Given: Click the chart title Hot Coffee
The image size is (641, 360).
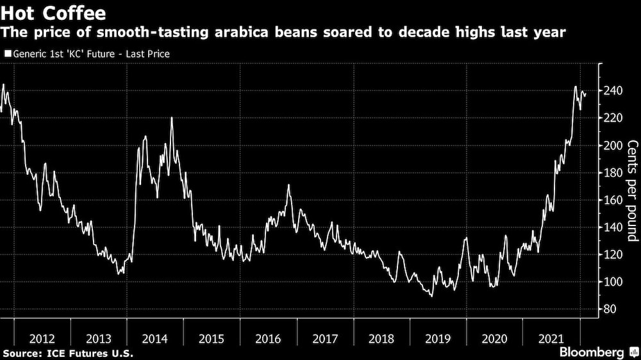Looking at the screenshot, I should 54,13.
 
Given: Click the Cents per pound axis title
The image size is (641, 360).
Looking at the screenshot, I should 632,190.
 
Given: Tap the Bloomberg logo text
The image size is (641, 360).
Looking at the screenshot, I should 592,352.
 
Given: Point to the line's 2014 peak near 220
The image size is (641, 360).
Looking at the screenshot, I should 172,118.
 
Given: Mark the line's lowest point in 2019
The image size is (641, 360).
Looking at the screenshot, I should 432,296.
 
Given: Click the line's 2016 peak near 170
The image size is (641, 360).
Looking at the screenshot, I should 288,185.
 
